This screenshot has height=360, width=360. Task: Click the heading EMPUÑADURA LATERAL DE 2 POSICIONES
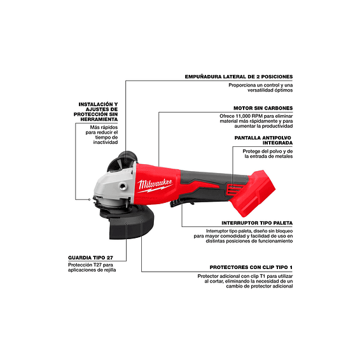pyautogui.click(x=239, y=76)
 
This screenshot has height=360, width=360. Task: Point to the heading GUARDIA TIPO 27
pyautogui.click(x=93, y=258)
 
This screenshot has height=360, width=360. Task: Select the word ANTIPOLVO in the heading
pyautogui.click(x=276, y=137)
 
